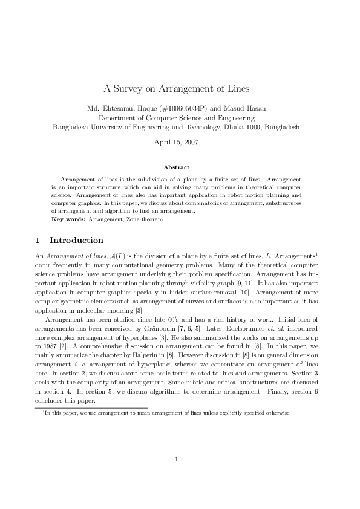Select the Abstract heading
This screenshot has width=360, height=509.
tap(176, 167)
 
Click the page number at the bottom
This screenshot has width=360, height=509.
tap(176, 476)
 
